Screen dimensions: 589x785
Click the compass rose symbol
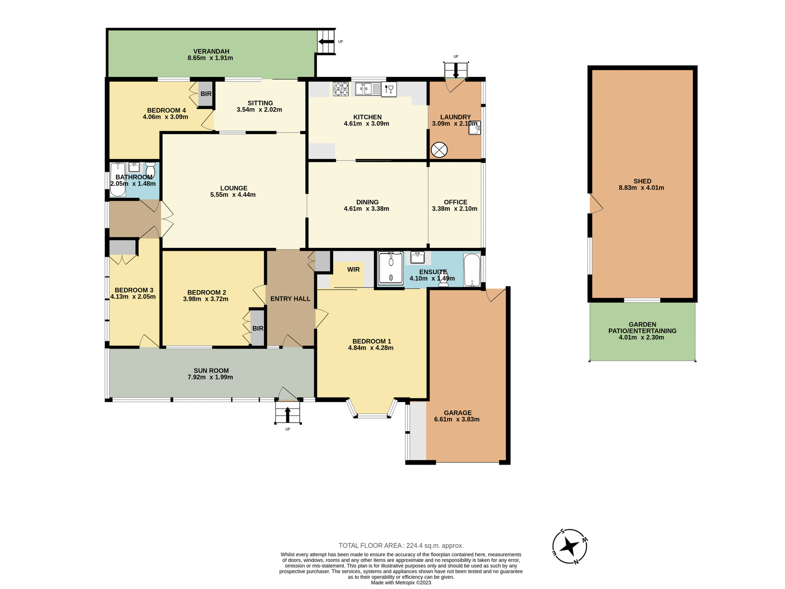tap(570, 546)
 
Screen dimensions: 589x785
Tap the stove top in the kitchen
tap(341, 89)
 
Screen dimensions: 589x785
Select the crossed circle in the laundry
tap(440, 150)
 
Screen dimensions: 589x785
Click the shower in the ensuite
tap(391, 268)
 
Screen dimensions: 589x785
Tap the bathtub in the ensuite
tap(472, 270)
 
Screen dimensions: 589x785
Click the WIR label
tap(353, 270)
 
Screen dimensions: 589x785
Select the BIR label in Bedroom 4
tap(206, 94)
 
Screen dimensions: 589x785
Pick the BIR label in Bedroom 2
tap(258, 328)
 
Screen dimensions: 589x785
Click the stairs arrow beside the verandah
tap(326, 41)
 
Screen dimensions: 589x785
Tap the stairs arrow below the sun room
tap(287, 414)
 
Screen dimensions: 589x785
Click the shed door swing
tap(596, 204)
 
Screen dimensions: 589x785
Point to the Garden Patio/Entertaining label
tap(642, 330)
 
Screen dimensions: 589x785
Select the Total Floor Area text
tap(401, 545)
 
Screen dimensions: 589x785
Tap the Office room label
tap(455, 202)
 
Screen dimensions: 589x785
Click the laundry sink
tap(474, 128)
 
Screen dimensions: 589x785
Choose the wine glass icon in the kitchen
tap(389, 89)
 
